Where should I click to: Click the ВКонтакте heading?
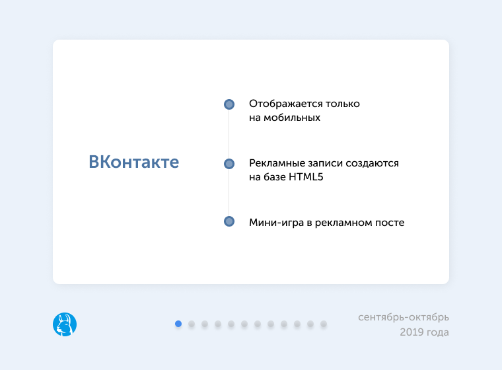[x=134, y=162]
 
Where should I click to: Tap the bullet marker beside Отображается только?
[x=229, y=104]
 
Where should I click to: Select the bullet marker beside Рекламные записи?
[x=229, y=163]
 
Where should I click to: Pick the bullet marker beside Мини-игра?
[x=229, y=222]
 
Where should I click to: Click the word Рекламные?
[x=275, y=163]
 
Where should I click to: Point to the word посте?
[x=390, y=223]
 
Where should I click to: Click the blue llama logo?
[x=65, y=324]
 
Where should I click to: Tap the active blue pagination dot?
[x=178, y=324]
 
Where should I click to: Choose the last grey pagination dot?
[x=324, y=324]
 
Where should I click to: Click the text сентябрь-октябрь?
[x=404, y=317]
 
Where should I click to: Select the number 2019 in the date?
[x=412, y=332]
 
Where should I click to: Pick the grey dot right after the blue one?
[x=192, y=324]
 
